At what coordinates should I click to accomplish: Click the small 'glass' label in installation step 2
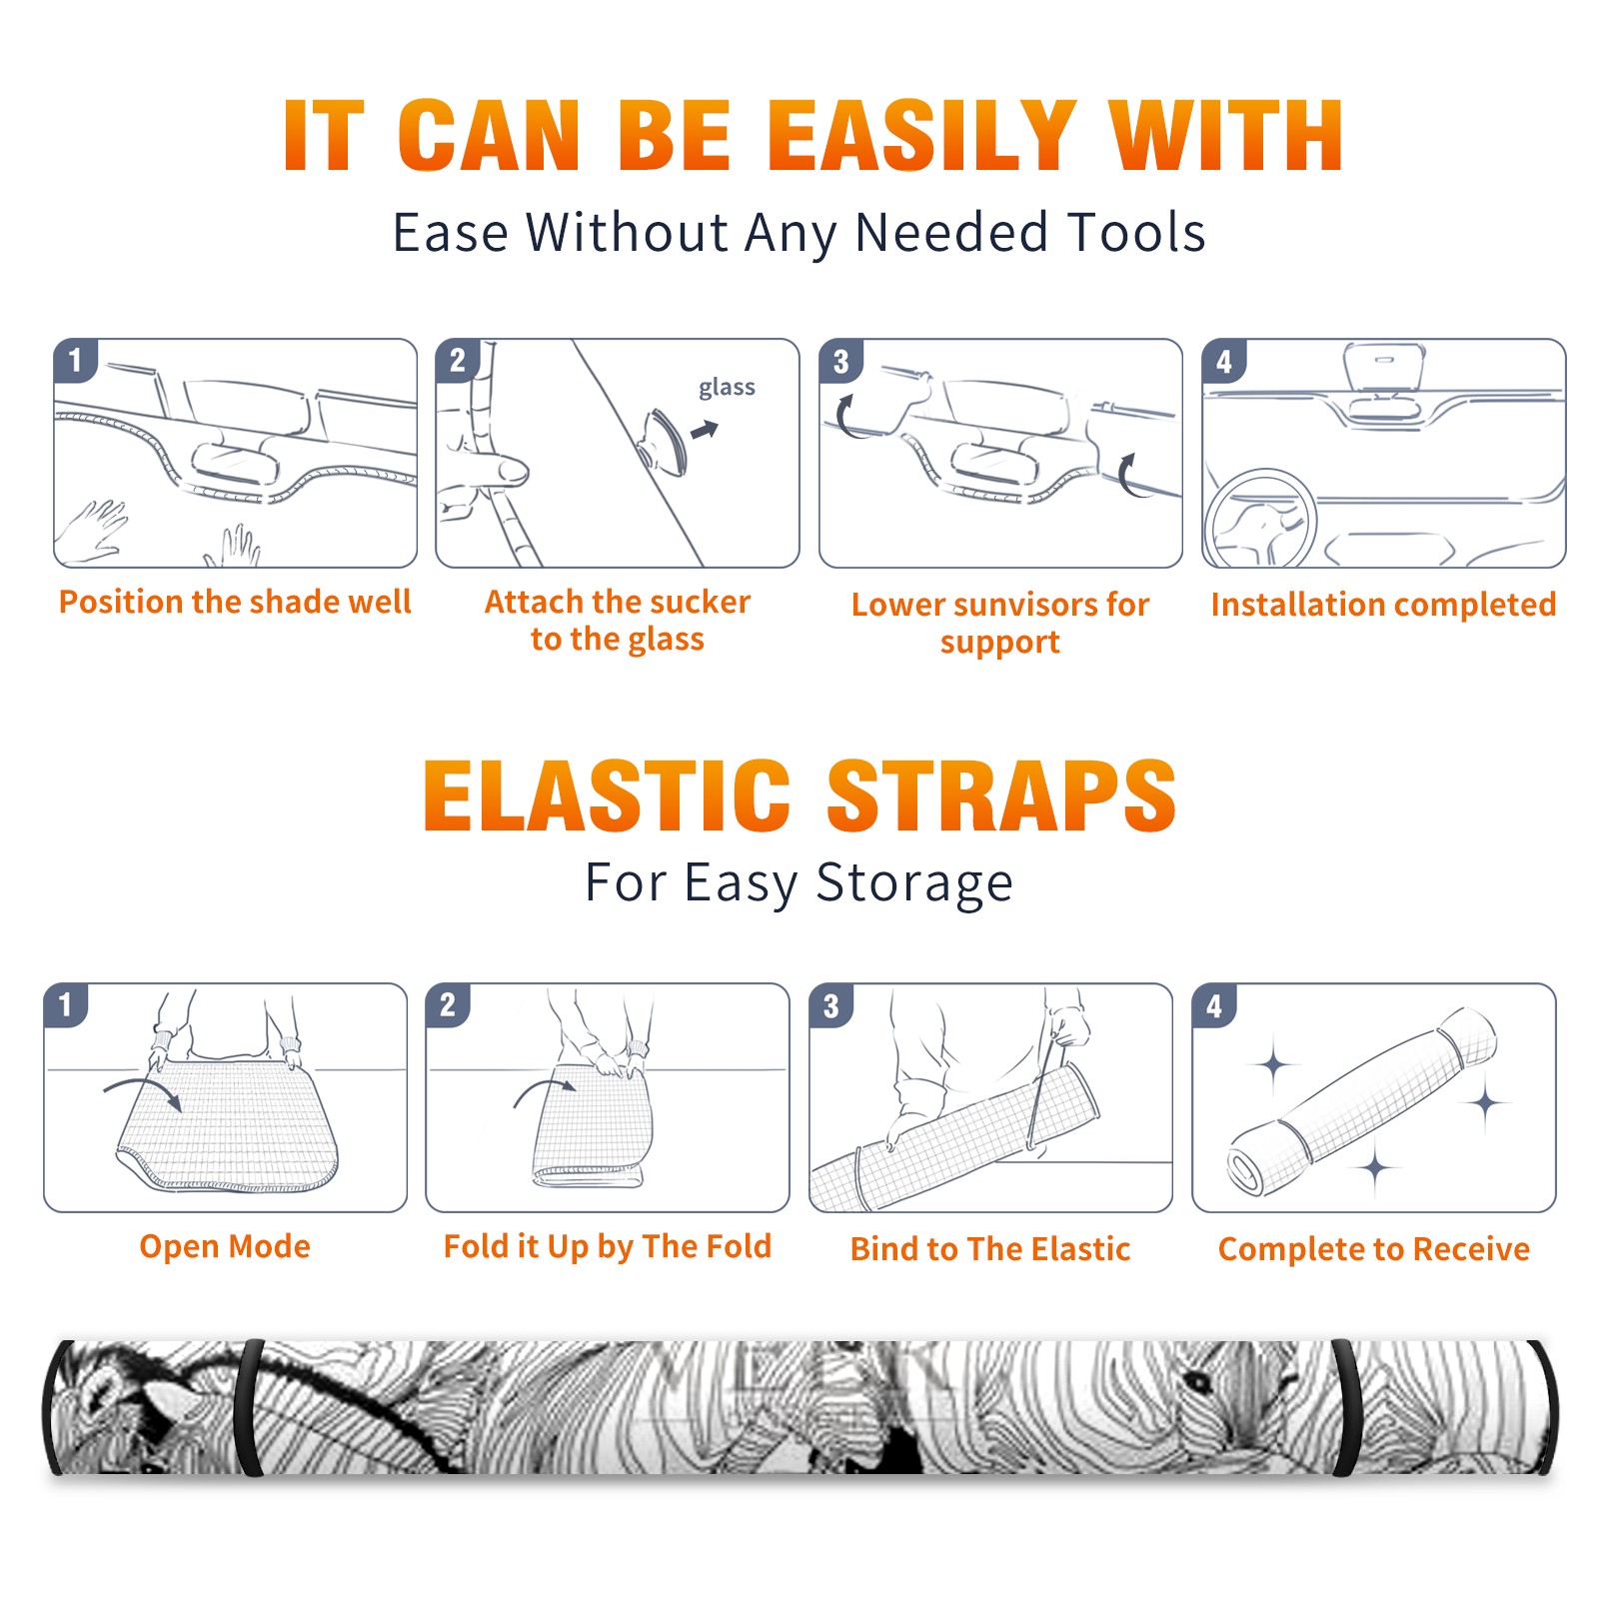coord(727,388)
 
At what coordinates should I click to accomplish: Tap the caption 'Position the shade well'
coord(235,602)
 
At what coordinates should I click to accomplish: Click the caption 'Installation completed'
coord(1383,605)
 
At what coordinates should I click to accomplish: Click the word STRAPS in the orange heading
coord(1001,796)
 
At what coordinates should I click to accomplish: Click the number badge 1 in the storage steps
coord(66,1005)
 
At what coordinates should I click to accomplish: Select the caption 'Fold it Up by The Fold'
coord(607,1247)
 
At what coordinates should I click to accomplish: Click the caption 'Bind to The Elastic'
coord(989,1249)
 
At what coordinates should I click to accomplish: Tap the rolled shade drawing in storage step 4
coord(1362,1100)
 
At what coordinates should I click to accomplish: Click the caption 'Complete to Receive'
coord(1373,1249)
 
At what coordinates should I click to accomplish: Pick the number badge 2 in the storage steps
coord(448,1005)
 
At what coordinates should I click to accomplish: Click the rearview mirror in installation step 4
coord(1384,368)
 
